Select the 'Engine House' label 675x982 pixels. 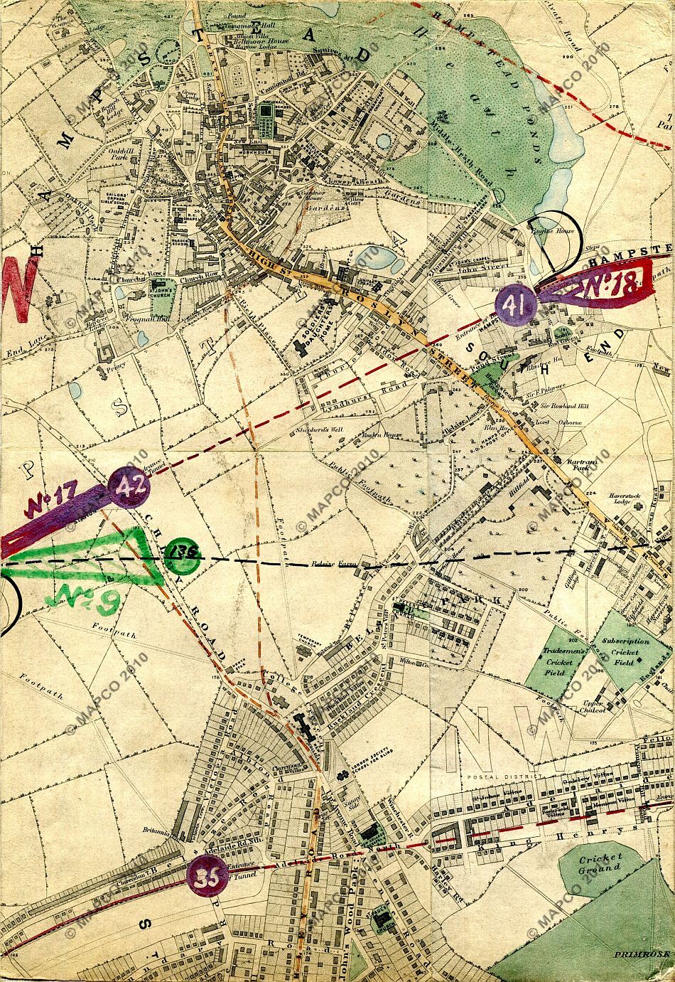click(x=558, y=232)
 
